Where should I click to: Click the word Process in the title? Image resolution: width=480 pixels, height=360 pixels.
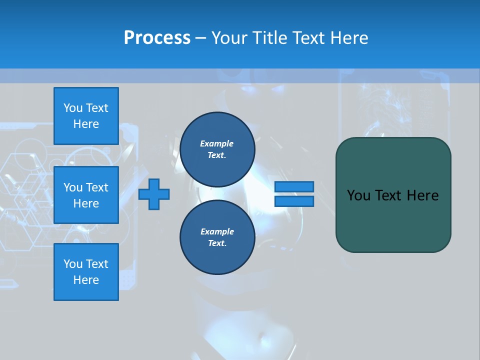pyautogui.click(x=157, y=38)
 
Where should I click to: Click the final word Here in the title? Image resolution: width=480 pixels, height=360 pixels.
pyautogui.click(x=350, y=38)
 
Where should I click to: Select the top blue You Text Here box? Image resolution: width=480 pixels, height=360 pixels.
pyautogui.click(x=86, y=116)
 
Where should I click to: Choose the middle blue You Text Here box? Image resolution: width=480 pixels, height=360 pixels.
pyautogui.click(x=86, y=195)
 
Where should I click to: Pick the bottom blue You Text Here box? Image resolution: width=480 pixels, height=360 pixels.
pyautogui.click(x=86, y=271)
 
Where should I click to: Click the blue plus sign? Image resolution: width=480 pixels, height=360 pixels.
pyautogui.click(x=154, y=194)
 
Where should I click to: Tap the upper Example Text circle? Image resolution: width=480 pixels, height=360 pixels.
pyautogui.click(x=217, y=149)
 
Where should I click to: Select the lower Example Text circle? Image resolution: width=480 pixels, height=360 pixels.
pyautogui.click(x=217, y=237)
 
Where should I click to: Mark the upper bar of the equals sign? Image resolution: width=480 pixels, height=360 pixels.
pyautogui.click(x=294, y=186)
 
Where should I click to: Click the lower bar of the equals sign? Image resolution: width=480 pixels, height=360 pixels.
pyautogui.click(x=294, y=201)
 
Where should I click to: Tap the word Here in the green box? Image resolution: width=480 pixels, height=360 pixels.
pyautogui.click(x=423, y=195)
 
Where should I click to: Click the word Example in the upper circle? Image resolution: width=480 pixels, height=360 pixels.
pyautogui.click(x=217, y=143)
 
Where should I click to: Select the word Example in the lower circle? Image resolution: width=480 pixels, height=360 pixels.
pyautogui.click(x=217, y=231)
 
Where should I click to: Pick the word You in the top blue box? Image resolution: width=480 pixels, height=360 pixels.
pyautogui.click(x=73, y=108)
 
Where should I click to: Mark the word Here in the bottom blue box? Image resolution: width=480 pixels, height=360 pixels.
pyautogui.click(x=86, y=280)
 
